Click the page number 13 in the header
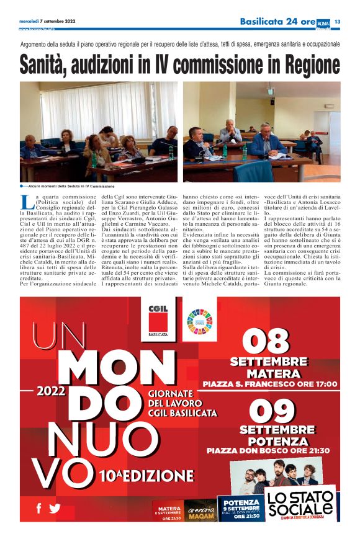[338, 22]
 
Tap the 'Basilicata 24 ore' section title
[277, 22]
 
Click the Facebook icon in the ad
[38, 508]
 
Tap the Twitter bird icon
[55, 509]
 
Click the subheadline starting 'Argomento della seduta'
[180, 45]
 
